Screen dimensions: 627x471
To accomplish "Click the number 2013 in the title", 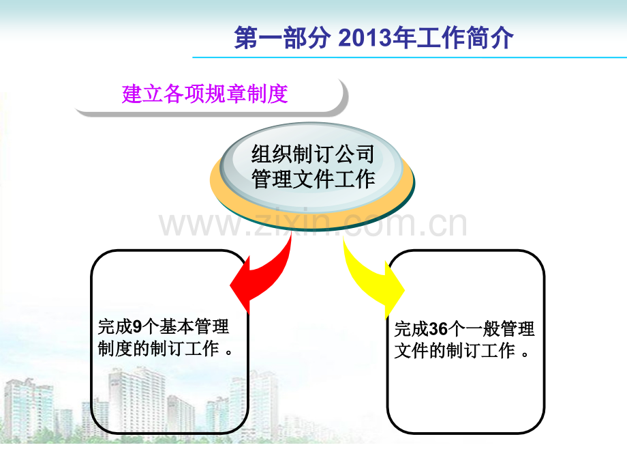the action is click(x=365, y=38).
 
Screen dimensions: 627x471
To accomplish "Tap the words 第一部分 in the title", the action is click(x=282, y=38).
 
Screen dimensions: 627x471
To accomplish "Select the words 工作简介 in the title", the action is click(x=465, y=38).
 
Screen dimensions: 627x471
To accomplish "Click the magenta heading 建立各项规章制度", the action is click(x=204, y=94).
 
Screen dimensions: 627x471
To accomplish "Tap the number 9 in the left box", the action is click(x=137, y=327).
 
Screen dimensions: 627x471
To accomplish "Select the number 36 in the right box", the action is click(x=438, y=329).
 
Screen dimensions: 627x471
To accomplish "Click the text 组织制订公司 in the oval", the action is click(x=313, y=154).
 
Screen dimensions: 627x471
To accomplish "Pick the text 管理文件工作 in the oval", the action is click(x=313, y=179).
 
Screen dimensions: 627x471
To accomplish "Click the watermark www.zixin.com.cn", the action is click(x=313, y=223).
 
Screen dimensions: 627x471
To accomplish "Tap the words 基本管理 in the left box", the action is click(x=194, y=327).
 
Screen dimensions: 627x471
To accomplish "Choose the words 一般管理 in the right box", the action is click(x=500, y=329).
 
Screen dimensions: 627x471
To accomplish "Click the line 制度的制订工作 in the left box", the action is click(x=158, y=348).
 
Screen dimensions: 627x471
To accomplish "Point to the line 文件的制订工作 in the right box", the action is click(x=455, y=351).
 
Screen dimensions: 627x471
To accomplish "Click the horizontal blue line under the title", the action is click(x=410, y=57).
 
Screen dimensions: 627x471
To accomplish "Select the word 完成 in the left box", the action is click(x=114, y=327).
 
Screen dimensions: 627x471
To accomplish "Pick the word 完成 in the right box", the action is click(x=412, y=329).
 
